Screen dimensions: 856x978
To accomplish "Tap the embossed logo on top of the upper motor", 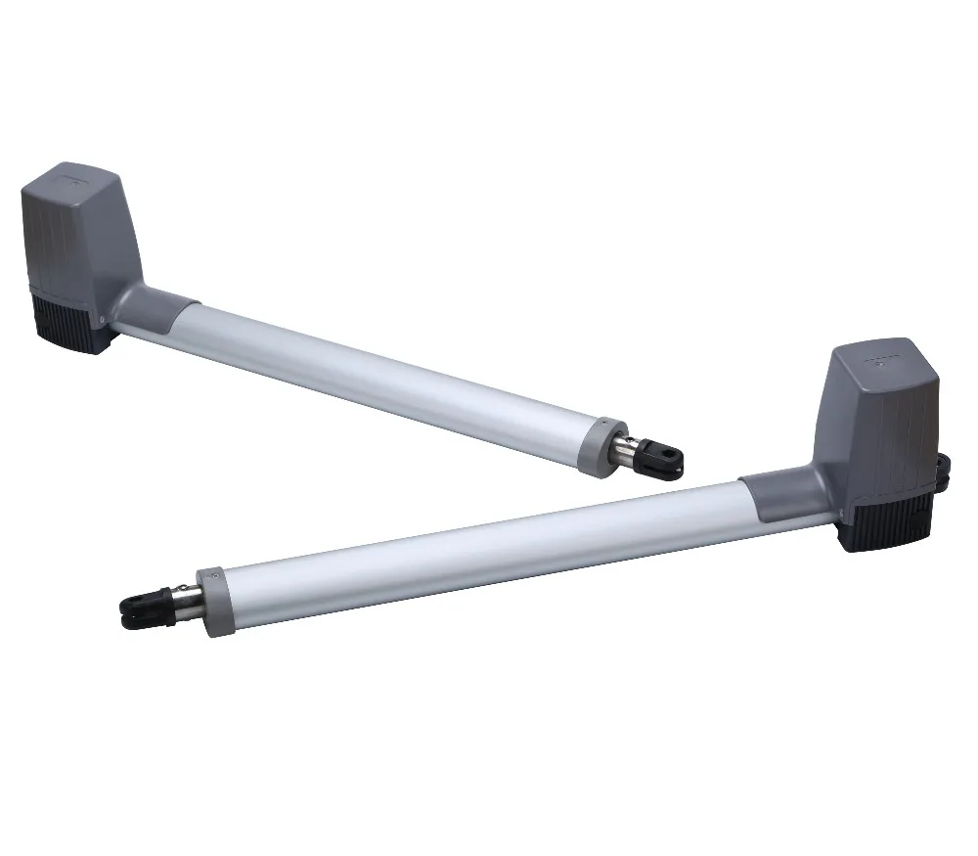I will [75, 180].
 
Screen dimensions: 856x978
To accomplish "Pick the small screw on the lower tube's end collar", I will [208, 579].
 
